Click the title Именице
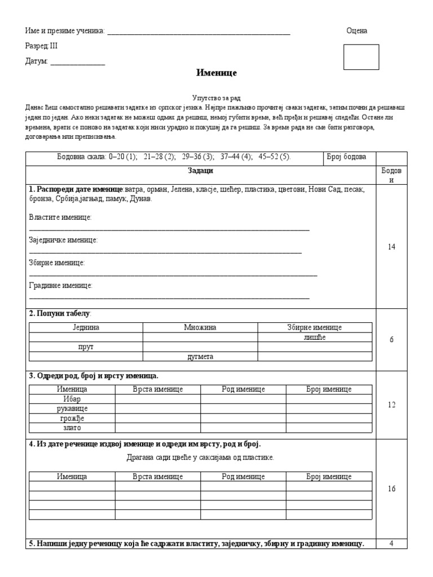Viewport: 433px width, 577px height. (x=216, y=73)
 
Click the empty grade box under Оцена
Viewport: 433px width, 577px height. (x=361, y=57)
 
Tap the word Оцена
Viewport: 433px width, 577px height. (x=356, y=30)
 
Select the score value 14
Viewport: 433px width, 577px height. (x=392, y=247)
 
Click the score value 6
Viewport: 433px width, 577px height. (x=392, y=340)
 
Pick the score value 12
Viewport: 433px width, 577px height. (x=392, y=405)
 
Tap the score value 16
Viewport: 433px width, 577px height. (x=392, y=489)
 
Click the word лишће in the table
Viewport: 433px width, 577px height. (x=315, y=337)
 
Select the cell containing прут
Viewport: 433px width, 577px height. (x=86, y=347)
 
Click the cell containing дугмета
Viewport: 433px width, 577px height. (x=200, y=356)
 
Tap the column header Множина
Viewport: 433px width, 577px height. (x=200, y=327)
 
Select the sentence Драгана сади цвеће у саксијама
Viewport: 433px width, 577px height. (x=200, y=457)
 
